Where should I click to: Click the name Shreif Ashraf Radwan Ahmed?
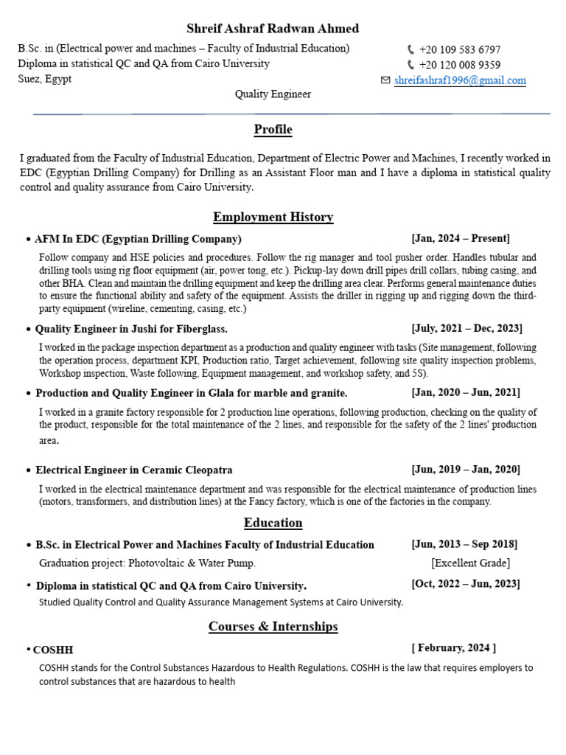coord(273,29)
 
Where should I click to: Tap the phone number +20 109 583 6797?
coord(459,49)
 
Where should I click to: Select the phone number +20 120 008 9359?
coord(459,65)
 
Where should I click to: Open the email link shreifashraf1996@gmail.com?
coord(460,80)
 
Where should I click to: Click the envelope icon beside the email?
coord(385,80)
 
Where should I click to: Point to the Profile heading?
coord(273,130)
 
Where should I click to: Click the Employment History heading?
coord(273,217)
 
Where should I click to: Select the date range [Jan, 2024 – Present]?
coord(461,238)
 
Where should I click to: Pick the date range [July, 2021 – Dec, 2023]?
coord(467,328)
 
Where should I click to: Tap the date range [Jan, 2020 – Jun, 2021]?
coord(466,392)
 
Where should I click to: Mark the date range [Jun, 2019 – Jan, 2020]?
coord(466,470)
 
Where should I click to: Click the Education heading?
coord(273,523)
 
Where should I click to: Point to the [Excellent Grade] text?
coord(470,563)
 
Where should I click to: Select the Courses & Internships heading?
coord(273,627)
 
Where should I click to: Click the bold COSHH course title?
coord(53,650)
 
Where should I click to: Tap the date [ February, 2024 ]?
coord(453,648)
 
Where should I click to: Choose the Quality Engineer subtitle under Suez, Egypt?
coord(273,94)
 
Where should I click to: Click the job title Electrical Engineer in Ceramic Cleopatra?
coord(134,470)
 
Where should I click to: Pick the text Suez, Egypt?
coord(45,79)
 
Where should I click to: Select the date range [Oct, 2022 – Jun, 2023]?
coord(466,584)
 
